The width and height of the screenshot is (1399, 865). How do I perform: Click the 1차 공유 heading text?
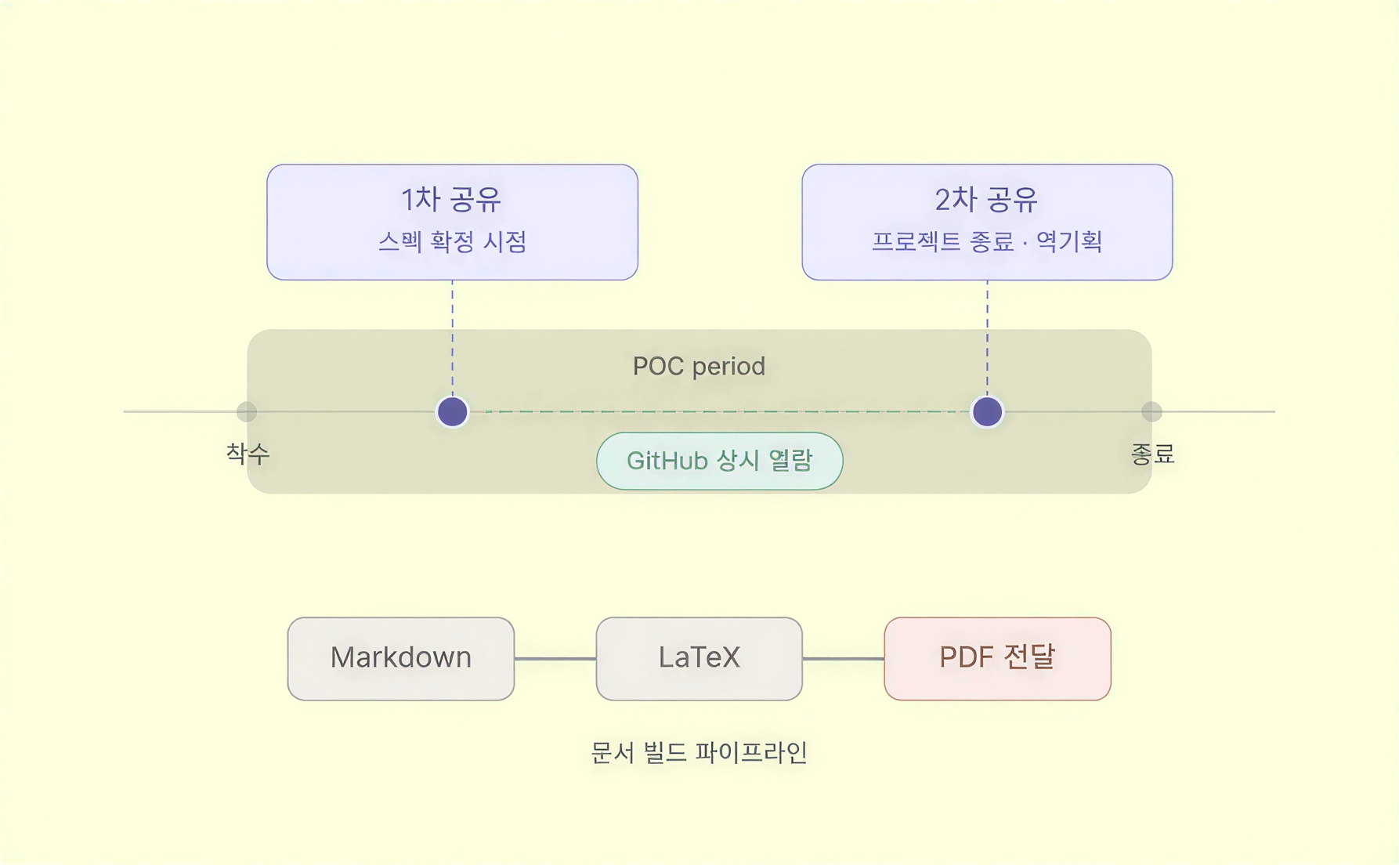pos(451,200)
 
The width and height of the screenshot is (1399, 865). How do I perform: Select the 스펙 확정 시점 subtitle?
pos(452,241)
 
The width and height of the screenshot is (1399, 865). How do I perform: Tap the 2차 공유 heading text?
pos(986,200)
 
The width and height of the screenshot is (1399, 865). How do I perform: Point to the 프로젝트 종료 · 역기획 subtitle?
pos(987,241)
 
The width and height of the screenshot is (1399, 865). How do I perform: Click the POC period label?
pos(699,366)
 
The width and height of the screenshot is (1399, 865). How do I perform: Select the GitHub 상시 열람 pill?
pos(719,461)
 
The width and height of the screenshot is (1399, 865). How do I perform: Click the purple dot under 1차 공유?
pos(452,411)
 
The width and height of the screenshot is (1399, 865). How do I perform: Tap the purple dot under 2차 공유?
pos(987,411)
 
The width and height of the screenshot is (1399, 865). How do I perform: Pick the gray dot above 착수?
pos(247,411)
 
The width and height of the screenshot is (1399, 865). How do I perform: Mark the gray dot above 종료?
pos(1151,411)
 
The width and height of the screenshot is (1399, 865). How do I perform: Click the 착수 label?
pos(248,453)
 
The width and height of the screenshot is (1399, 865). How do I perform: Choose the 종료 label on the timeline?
pos(1152,453)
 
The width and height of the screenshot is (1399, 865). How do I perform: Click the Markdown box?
pos(400,658)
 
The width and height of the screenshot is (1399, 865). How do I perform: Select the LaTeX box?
pos(699,658)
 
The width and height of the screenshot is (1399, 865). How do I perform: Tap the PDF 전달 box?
pos(997,658)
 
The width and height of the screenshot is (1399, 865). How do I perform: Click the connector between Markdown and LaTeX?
pos(555,659)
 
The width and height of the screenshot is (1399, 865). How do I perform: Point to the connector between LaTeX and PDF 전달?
pos(843,659)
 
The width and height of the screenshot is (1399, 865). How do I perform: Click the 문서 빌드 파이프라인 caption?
pos(699,752)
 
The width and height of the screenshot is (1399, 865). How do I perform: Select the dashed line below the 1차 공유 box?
pos(452,337)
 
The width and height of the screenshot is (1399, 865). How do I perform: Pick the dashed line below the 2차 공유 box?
pos(987,337)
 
